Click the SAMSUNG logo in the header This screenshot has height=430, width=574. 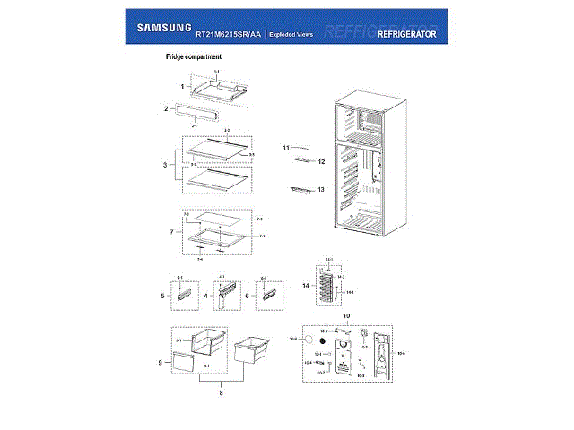162,28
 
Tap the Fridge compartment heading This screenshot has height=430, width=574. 194,58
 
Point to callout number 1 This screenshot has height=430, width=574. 182,87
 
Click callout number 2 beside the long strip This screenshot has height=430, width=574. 166,109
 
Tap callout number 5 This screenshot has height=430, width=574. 163,295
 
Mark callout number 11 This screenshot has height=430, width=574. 287,146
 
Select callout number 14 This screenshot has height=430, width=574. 305,286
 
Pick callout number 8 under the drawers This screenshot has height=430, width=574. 221,391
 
